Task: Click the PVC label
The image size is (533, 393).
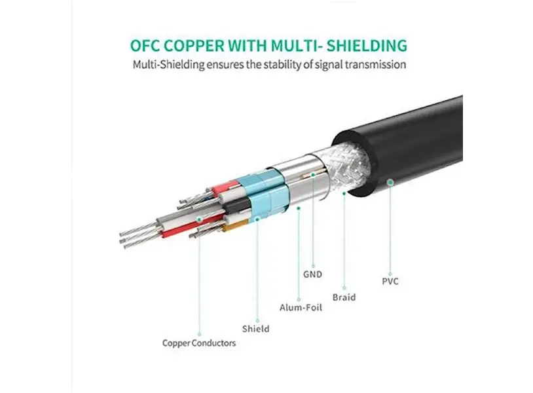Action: coord(390,282)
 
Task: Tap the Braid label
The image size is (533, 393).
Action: coord(344,297)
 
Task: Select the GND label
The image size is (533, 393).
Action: coord(312,274)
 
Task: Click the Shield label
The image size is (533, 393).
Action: coord(255,328)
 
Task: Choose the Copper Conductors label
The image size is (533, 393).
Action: coord(199,343)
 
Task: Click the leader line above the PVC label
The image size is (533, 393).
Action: coord(390,229)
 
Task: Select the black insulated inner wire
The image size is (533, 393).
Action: coord(236,208)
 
